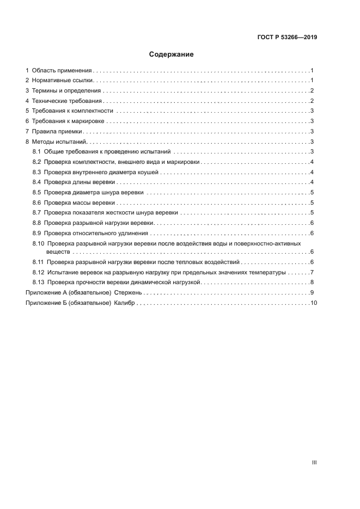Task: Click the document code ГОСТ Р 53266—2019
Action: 287,38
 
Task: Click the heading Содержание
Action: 171,54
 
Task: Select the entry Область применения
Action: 62,71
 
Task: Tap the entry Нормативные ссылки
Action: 63,81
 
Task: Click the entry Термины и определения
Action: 66,91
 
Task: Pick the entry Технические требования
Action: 67,101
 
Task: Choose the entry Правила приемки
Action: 57,131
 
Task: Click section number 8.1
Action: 36,152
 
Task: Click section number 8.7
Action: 36,212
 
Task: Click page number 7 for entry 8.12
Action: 311,272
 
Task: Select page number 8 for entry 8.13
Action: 311,282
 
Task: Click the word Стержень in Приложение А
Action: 128,293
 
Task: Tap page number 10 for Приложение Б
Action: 313,303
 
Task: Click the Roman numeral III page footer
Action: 314,462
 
